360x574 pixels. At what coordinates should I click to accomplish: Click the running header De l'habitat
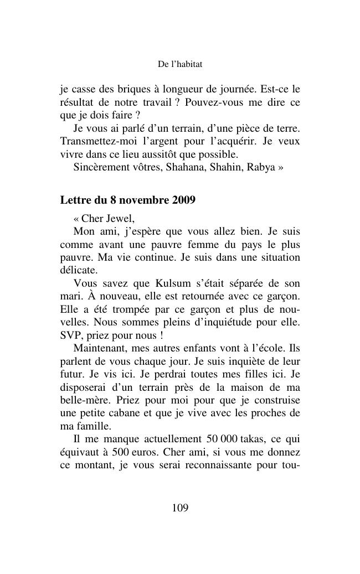[x=180, y=65]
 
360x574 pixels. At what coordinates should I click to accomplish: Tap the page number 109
[x=180, y=508]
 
